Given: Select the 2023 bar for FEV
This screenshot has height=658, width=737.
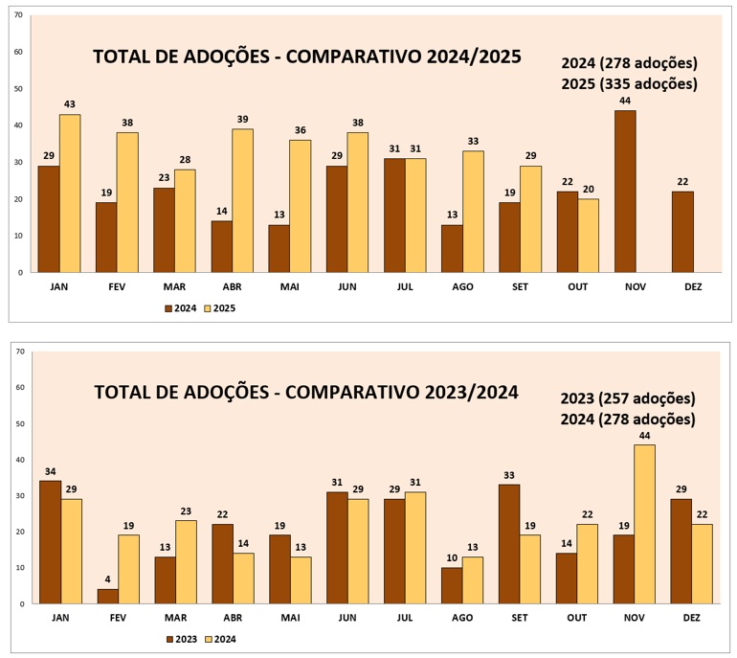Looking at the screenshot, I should (106, 596).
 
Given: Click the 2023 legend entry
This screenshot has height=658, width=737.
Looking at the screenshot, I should (182, 639).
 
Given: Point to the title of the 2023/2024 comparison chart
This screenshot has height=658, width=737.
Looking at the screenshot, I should (306, 392).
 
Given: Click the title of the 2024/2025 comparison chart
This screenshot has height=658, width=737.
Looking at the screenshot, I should (306, 57).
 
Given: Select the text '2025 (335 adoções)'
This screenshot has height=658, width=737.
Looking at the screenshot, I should (629, 83).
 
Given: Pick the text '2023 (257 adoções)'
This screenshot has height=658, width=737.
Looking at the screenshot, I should (628, 398).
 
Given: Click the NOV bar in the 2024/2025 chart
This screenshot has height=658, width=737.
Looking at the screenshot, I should (625, 192).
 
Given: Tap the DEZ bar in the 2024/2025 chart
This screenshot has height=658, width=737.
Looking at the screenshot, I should (682, 232).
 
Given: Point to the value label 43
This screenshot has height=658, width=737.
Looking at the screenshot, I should (70, 103).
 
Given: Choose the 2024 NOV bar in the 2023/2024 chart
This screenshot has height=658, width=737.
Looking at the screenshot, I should (646, 524).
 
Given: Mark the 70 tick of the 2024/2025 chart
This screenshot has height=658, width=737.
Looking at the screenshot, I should (18, 15).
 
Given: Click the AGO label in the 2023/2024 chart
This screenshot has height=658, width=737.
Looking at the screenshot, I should (462, 619).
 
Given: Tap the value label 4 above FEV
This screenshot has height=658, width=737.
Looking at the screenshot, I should (106, 579).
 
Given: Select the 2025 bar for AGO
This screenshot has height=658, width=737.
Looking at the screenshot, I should (473, 212).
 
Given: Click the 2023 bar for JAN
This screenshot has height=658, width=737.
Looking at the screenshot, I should (49, 542).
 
